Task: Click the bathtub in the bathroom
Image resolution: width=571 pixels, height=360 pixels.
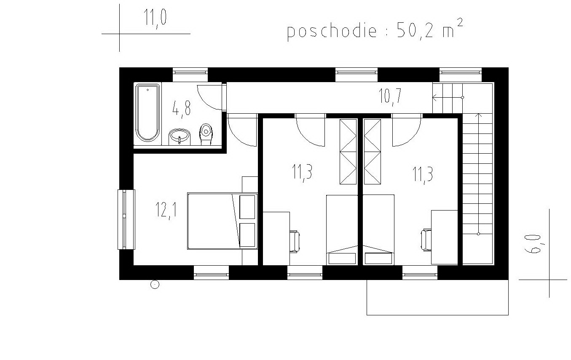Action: point(148,113)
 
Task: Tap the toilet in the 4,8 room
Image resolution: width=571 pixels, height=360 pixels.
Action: point(206,134)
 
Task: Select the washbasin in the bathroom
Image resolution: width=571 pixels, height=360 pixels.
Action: point(180,137)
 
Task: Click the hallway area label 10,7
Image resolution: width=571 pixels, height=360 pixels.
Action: point(390,96)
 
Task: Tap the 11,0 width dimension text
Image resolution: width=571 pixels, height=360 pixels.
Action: point(155,18)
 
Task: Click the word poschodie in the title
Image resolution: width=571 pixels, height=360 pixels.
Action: point(332,32)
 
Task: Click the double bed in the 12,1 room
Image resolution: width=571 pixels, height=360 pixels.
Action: point(223,221)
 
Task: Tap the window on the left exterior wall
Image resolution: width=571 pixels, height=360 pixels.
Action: point(126,219)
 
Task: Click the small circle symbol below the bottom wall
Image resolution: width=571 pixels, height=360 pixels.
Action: point(155,284)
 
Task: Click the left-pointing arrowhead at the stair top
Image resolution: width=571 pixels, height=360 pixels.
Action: point(435,97)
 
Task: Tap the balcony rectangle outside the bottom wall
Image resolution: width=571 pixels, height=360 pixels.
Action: point(437,297)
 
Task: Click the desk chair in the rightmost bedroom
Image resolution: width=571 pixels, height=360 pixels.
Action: point(426,240)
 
